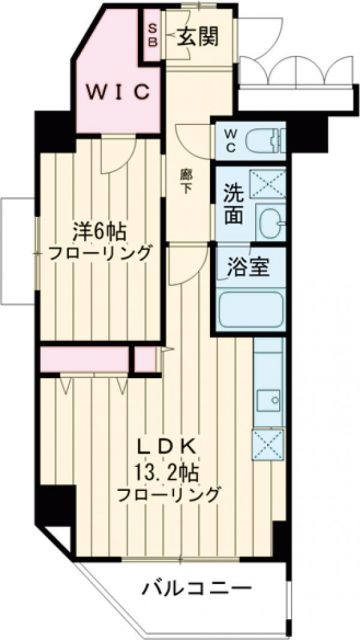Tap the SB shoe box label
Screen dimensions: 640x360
(x=152, y=37)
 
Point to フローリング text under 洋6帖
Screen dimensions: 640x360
(x=99, y=252)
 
